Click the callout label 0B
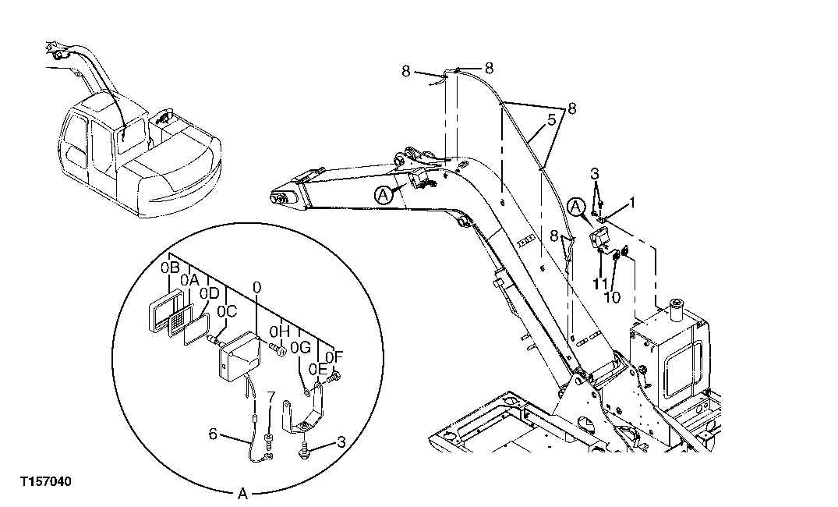(171, 268)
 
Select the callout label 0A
(190, 279)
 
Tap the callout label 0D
(209, 292)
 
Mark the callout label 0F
(334, 356)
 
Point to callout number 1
(633, 203)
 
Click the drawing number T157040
(45, 483)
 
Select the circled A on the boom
(384, 197)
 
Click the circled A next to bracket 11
(575, 206)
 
